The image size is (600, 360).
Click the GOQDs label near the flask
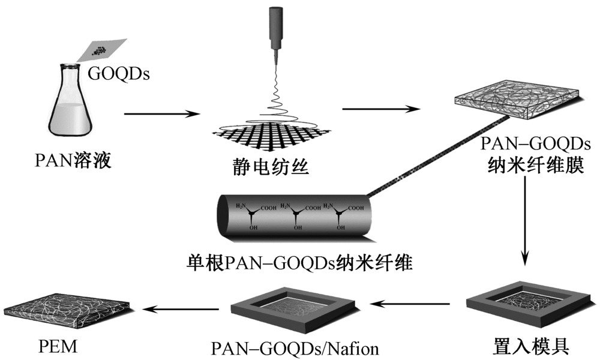tap(119, 74)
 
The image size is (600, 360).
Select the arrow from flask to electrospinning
tap(161, 113)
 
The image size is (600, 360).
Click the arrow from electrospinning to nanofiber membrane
tap(380, 109)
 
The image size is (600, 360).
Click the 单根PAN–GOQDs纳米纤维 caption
tap(299, 262)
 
